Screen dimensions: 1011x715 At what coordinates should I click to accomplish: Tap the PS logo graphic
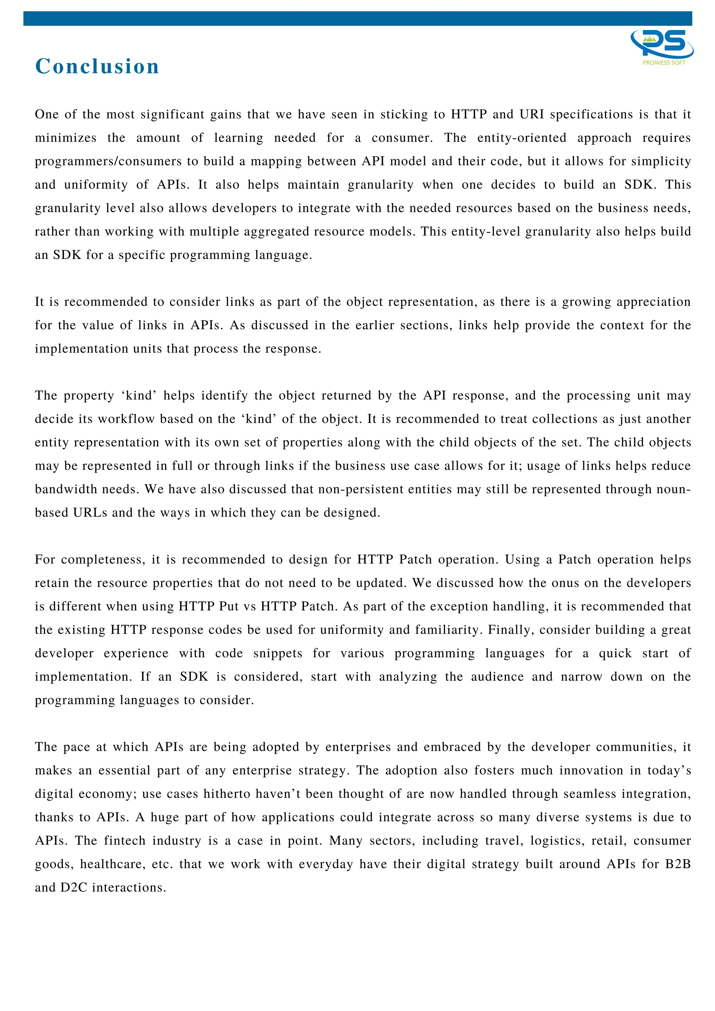662,44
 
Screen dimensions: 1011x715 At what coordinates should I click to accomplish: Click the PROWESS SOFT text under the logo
664,63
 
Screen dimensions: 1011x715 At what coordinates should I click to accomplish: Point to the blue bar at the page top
357,19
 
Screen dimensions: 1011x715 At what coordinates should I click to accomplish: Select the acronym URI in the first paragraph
532,115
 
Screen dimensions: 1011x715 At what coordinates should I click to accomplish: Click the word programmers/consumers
108,161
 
